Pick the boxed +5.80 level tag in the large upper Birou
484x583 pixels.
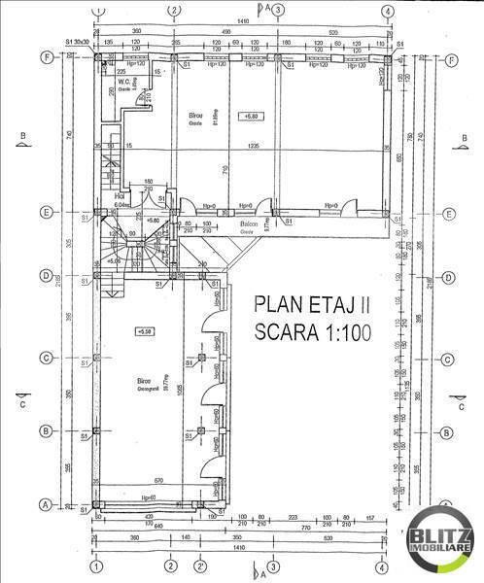[x=254, y=118]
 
